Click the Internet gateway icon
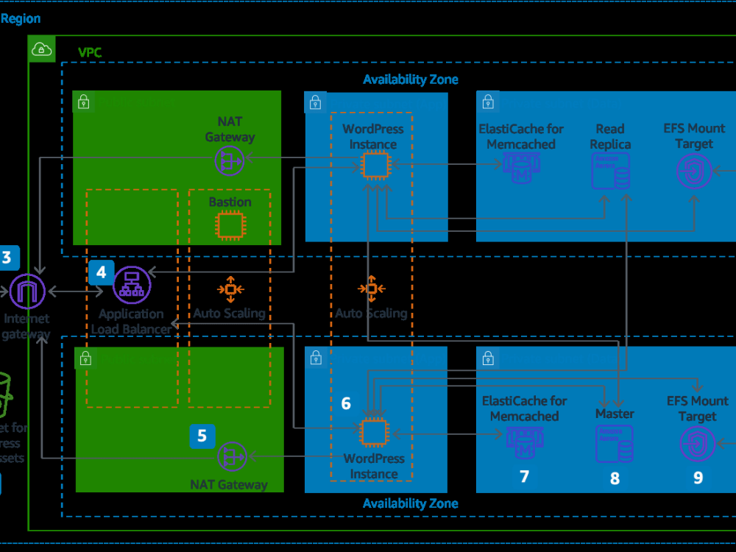27,291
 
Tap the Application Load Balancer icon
132,284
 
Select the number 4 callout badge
101,272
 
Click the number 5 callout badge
202,435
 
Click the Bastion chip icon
229,226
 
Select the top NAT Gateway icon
230,160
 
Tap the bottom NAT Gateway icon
232,456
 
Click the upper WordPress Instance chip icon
374,166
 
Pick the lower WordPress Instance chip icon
374,434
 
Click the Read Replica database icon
610,171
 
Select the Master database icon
614,443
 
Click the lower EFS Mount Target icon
696,444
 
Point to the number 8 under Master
615,478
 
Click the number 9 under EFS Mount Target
698,477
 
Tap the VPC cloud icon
42,49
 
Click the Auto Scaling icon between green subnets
230,289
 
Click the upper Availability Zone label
410,79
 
